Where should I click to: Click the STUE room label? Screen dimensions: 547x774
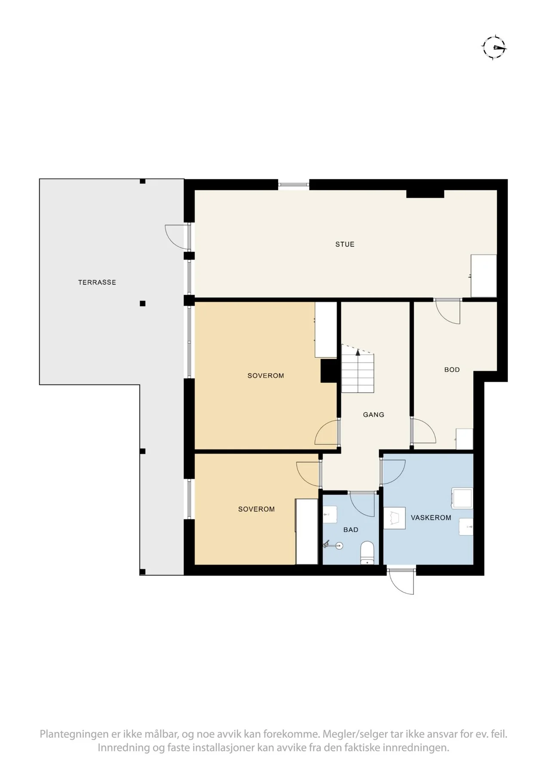click(345, 244)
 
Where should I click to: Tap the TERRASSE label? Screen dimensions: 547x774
click(97, 283)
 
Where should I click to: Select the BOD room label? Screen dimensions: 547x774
click(452, 369)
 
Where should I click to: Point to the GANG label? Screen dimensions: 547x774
click(373, 415)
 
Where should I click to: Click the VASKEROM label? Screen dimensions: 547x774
click(431, 518)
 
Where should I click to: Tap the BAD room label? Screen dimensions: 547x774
click(351, 530)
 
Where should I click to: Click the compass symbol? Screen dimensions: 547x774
click(494, 46)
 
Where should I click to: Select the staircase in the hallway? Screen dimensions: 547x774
click(358, 369)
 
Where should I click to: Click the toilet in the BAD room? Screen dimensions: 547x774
click(367, 553)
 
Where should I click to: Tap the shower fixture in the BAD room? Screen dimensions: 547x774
click(334, 545)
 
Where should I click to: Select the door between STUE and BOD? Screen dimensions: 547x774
click(447, 311)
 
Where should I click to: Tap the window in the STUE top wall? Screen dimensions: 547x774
click(293, 185)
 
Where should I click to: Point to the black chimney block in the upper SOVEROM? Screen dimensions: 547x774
click(329, 371)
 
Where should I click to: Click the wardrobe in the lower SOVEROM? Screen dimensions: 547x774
click(306, 531)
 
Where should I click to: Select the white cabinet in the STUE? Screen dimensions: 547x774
click(483, 276)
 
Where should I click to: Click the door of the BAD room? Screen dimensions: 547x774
click(362, 504)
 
